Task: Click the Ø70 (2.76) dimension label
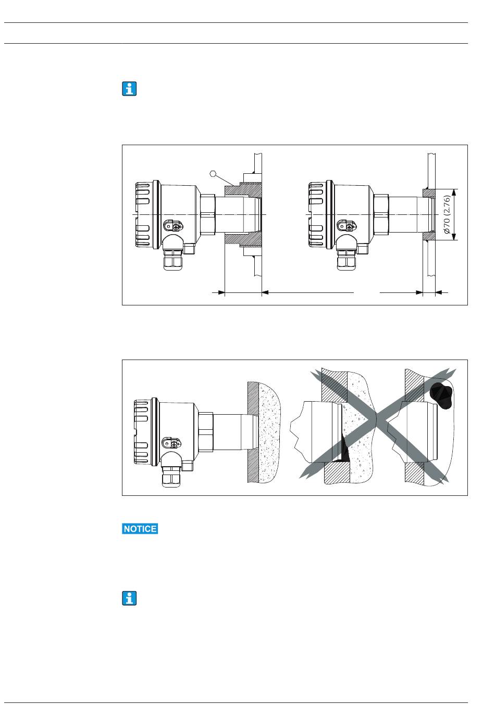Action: [x=447, y=214]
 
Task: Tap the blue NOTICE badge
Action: [x=140, y=529]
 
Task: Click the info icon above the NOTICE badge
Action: [x=129, y=88]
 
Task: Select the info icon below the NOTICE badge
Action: [x=129, y=598]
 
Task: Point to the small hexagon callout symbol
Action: [x=213, y=173]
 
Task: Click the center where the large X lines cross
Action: [x=378, y=419]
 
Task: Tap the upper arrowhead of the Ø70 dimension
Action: [x=454, y=193]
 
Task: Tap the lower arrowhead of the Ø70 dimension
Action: [x=454, y=237]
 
